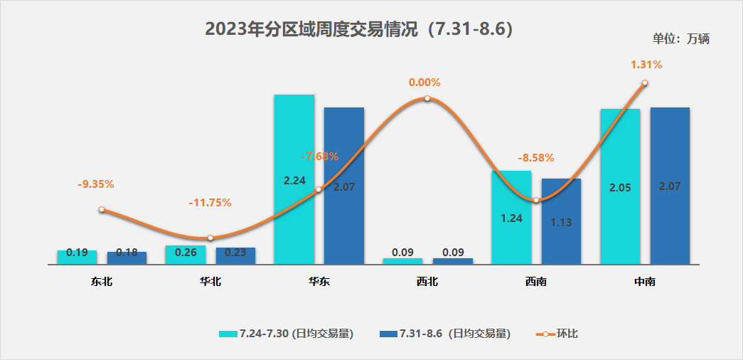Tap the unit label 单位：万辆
(680, 39)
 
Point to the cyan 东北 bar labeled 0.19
(77, 257)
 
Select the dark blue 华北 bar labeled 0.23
(235, 255)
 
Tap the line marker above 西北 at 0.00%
(427, 98)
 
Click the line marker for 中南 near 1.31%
(645, 83)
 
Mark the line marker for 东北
(102, 209)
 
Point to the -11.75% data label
(210, 203)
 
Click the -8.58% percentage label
(536, 158)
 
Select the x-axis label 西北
(427, 282)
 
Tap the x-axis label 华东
(319, 282)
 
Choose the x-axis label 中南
(645, 282)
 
